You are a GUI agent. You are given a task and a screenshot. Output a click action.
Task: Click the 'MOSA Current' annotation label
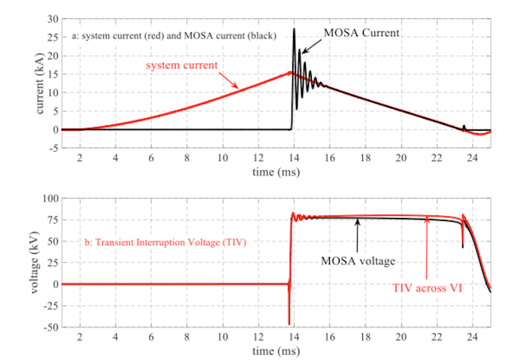361,33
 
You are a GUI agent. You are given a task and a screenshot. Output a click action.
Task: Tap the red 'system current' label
182,65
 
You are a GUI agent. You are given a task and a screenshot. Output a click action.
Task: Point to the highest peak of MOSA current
295,29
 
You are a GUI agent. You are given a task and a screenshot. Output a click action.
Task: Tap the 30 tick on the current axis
53,19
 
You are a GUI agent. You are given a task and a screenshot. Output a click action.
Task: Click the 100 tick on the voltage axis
50,198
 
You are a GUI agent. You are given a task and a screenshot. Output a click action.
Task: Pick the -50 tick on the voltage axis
50,328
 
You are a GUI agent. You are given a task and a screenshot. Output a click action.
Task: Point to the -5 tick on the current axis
53,148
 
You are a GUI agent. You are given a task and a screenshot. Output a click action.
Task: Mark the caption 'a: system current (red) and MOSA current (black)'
171,35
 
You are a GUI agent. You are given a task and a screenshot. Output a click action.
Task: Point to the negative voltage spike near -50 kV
289,322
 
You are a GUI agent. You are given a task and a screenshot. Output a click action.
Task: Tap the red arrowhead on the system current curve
238,86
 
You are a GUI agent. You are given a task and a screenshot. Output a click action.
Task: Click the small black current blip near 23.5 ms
464,126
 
